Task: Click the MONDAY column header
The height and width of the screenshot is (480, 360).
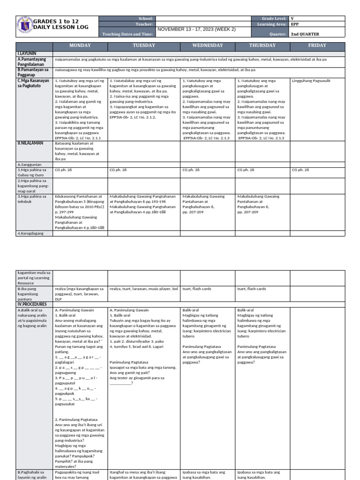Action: coord(80,45)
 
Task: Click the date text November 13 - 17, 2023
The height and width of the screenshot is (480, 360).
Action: coord(196,29)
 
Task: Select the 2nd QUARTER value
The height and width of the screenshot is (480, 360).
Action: coord(307,34)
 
